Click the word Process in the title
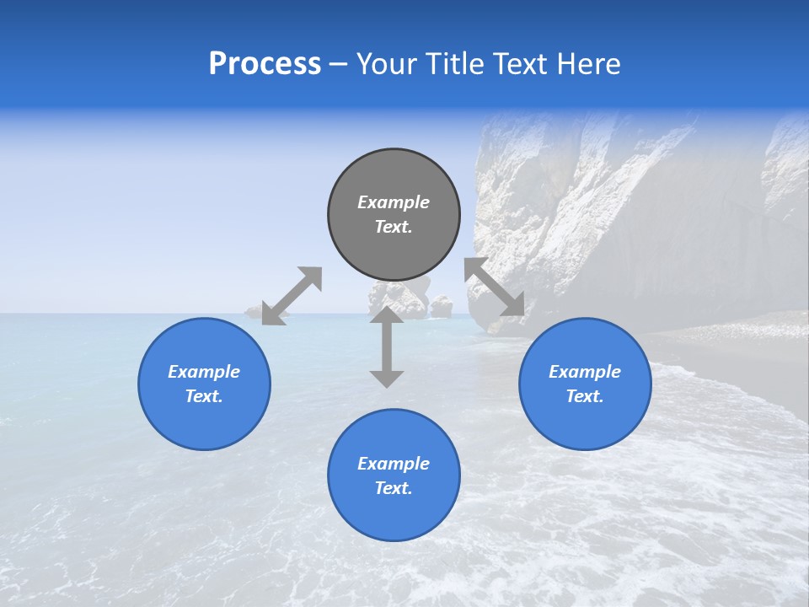pyautogui.click(x=265, y=64)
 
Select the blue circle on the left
pyautogui.click(x=204, y=422)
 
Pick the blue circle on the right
pyautogui.click(x=585, y=422)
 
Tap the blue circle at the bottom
pyautogui.click(x=394, y=514)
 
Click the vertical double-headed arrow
pyautogui.click(x=387, y=346)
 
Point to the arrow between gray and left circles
pyautogui.click(x=292, y=296)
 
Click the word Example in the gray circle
pyautogui.click(x=394, y=202)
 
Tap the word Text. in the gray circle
pyautogui.click(x=394, y=227)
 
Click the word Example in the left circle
pyautogui.click(x=204, y=372)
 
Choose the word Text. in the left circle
pyautogui.click(x=204, y=396)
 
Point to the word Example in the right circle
pyautogui.click(x=585, y=372)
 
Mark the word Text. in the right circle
pyautogui.click(x=585, y=396)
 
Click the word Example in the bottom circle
pyautogui.click(x=394, y=464)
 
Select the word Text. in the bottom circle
pyautogui.click(x=394, y=488)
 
